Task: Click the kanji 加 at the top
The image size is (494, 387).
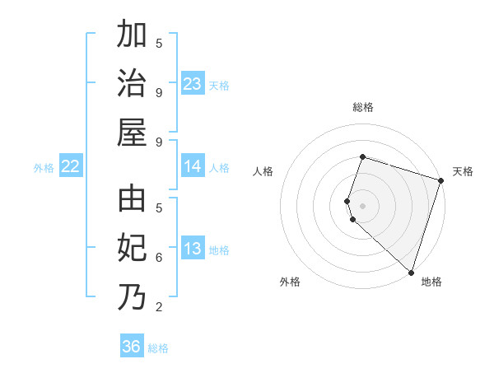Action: [x=132, y=36]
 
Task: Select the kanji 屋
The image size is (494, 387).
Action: [x=132, y=132]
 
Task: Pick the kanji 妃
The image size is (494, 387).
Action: [x=132, y=249]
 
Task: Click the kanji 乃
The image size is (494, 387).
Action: [x=132, y=296]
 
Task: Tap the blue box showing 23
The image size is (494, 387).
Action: [x=192, y=84]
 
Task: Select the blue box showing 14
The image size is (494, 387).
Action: [x=192, y=166]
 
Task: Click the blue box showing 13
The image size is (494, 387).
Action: [x=192, y=249]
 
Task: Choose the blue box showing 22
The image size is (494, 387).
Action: [x=71, y=166]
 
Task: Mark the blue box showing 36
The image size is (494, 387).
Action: [x=132, y=347]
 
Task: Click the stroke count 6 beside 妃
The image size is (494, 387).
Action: [x=159, y=257]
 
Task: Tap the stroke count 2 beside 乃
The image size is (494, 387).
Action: [x=159, y=307]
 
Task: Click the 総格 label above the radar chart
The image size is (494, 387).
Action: [x=363, y=107]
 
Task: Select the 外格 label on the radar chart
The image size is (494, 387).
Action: [x=290, y=282]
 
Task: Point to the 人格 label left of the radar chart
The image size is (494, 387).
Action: [x=263, y=171]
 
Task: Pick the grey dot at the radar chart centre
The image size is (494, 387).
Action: [x=363, y=204]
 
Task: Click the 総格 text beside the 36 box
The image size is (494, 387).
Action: [x=158, y=348]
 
